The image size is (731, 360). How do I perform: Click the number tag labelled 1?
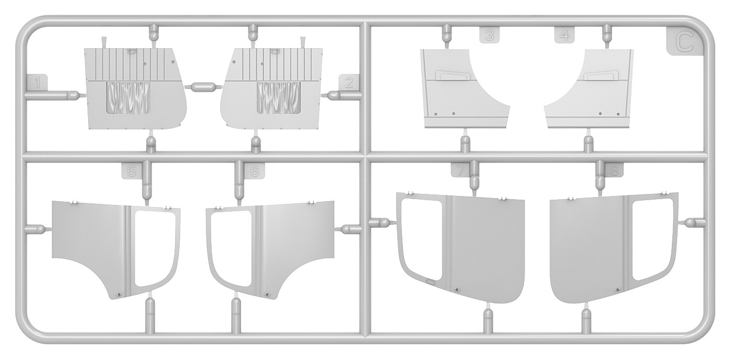click(37, 82)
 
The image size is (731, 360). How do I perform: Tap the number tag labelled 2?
click(349, 82)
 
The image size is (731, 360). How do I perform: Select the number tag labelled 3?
click(489, 35)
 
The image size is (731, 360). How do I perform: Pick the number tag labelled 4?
click(564, 35)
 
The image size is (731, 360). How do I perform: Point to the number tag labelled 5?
click(132, 170)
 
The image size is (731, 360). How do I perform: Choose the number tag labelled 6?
click(255, 170)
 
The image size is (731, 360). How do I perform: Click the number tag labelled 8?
click(614, 170)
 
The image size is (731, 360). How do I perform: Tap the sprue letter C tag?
click(683, 43)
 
